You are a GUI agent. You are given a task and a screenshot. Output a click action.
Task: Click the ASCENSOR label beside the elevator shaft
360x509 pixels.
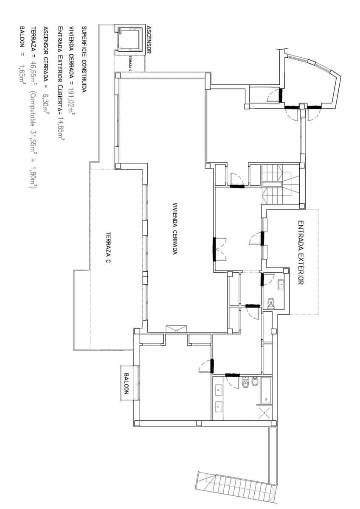tap(149, 40)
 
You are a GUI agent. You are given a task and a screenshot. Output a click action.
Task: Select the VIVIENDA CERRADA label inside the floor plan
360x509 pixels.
tap(174, 228)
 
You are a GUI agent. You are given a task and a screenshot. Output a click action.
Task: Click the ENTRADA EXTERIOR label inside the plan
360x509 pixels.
tap(301, 252)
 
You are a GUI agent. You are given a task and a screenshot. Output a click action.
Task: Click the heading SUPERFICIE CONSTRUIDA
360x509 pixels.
tap(84, 59)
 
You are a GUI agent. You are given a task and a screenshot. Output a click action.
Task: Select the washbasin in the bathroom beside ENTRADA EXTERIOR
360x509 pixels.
tap(281, 285)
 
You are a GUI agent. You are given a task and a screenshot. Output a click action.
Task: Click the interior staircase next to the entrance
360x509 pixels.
tap(280, 185)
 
